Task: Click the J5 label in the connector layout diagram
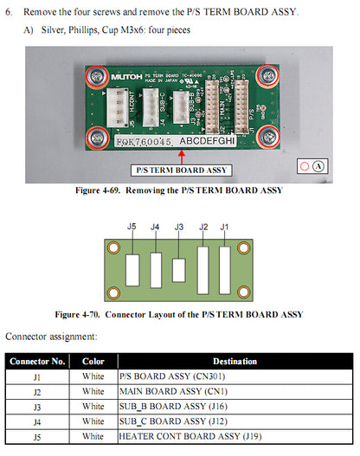tap(132, 227)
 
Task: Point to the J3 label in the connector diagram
tap(179, 228)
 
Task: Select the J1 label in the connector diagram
tap(225, 227)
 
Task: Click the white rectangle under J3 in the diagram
tap(178, 270)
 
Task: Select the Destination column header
tap(234, 361)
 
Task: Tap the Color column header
tap(93, 361)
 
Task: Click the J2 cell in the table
tap(36, 391)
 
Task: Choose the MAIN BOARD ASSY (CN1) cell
tap(173, 391)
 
